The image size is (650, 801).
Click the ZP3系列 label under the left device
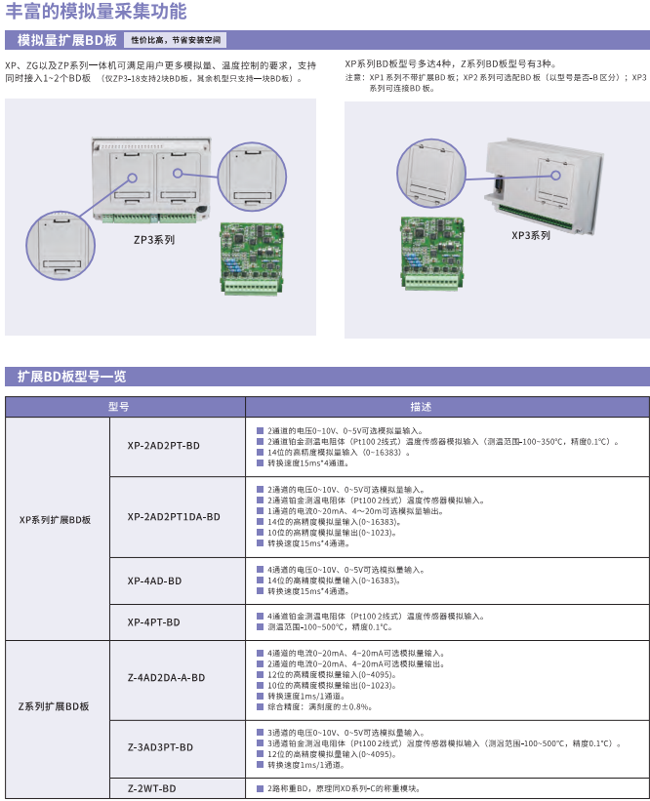pos(154,240)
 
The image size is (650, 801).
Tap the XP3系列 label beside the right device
pos(531,235)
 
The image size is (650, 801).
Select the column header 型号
pos(118,407)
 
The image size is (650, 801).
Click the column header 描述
pos(421,407)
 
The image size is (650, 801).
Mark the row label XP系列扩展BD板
pos(55,520)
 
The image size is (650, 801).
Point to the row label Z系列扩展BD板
pos(54,706)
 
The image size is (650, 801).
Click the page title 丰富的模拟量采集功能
pos(96,11)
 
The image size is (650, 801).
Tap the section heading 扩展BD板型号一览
pos(71,377)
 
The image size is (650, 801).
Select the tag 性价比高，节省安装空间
pos(176,40)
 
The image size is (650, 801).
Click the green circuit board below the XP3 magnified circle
pos(432,254)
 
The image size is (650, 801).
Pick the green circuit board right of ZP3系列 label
pos(252,259)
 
